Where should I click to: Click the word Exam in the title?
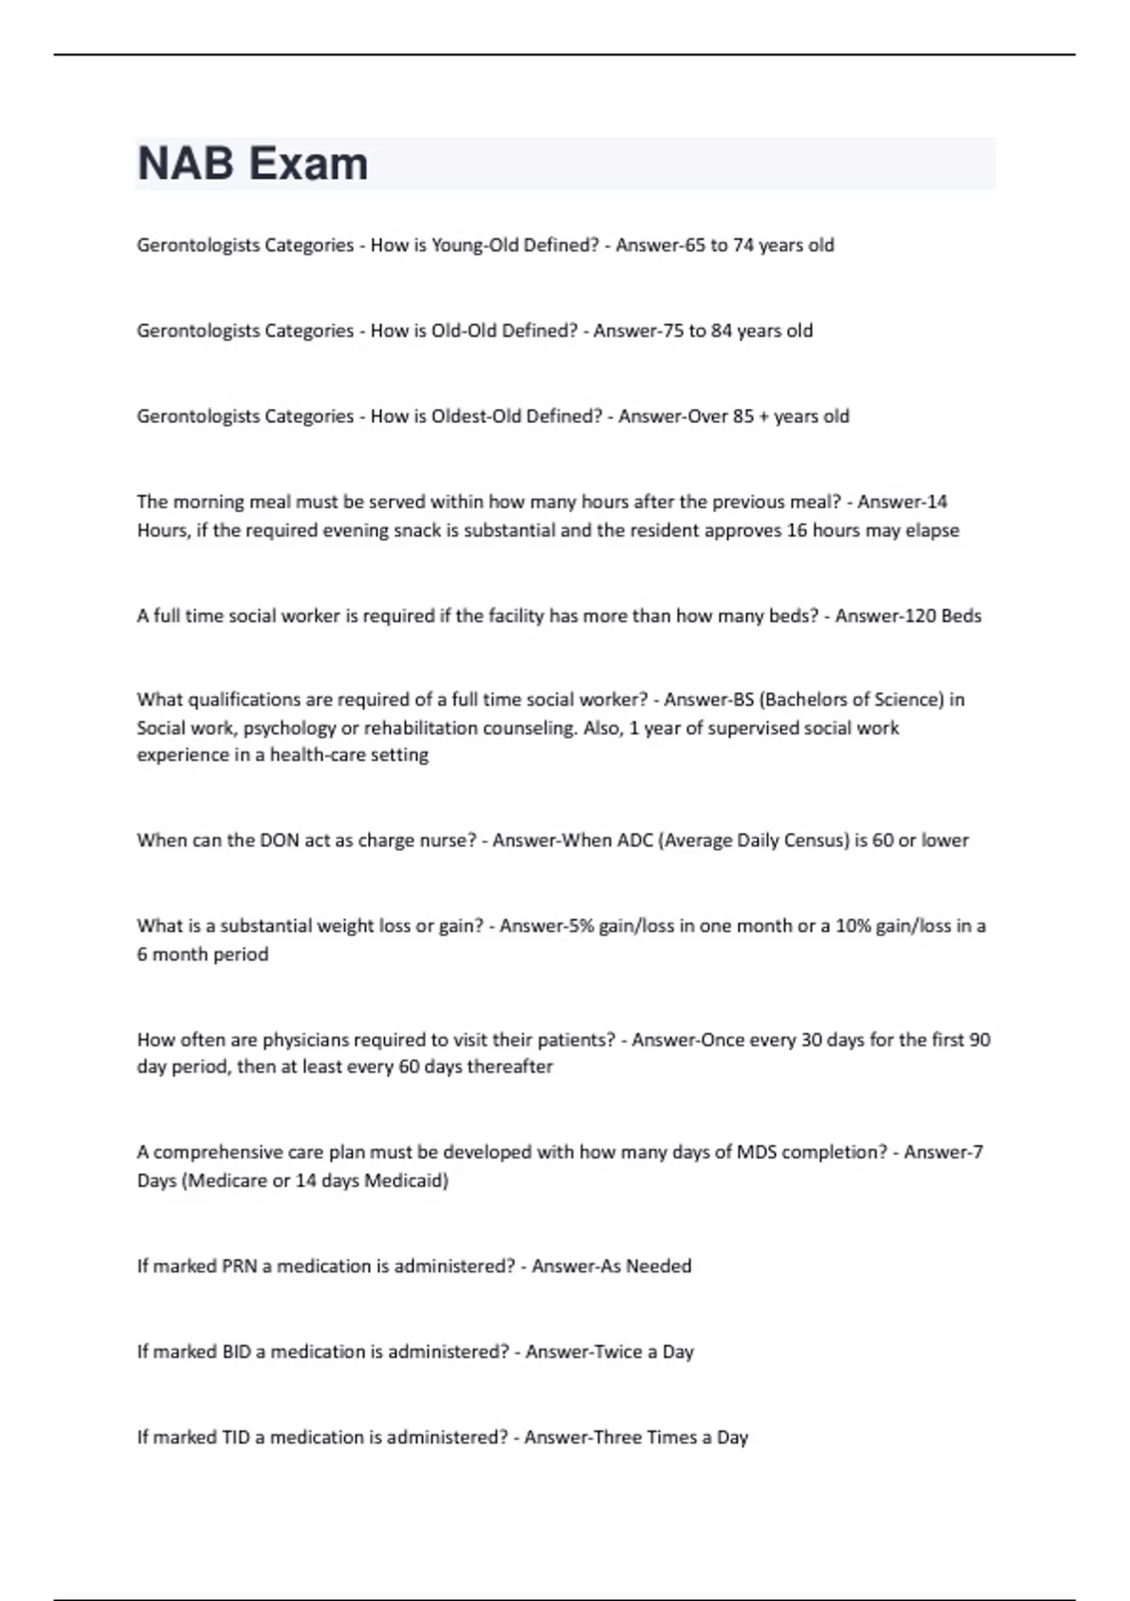(308, 164)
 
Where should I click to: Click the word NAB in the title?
(186, 164)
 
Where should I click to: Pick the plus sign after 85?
(764, 416)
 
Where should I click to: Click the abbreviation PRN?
(239, 1267)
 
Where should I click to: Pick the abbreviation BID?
(236, 1352)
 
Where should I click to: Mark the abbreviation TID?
(235, 1438)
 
